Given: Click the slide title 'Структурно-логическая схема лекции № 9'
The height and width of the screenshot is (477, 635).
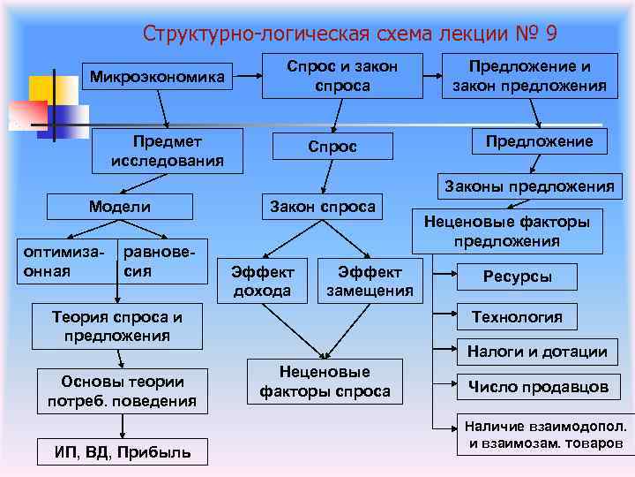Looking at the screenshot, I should (x=350, y=34).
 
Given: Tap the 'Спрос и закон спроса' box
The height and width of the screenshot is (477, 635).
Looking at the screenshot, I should (x=343, y=76).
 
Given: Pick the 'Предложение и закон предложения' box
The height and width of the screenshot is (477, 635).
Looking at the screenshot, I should (x=529, y=76).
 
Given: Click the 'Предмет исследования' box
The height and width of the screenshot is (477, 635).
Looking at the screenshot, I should (x=167, y=150).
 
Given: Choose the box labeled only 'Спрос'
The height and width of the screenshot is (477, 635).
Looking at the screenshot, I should (x=332, y=147).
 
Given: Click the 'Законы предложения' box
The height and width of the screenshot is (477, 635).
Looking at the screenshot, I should (x=529, y=185).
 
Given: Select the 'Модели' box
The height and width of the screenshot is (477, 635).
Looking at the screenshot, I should (x=120, y=207).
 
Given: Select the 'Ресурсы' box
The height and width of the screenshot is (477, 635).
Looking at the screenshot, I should (x=517, y=276).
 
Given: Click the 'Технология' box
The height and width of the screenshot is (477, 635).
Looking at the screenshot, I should (x=517, y=316).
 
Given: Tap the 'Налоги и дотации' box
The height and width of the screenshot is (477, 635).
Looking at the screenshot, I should (x=537, y=352).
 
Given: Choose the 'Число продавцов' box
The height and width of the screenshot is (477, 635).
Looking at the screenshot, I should (x=538, y=387).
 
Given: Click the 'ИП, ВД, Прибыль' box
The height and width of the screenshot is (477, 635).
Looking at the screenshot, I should (x=123, y=453).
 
